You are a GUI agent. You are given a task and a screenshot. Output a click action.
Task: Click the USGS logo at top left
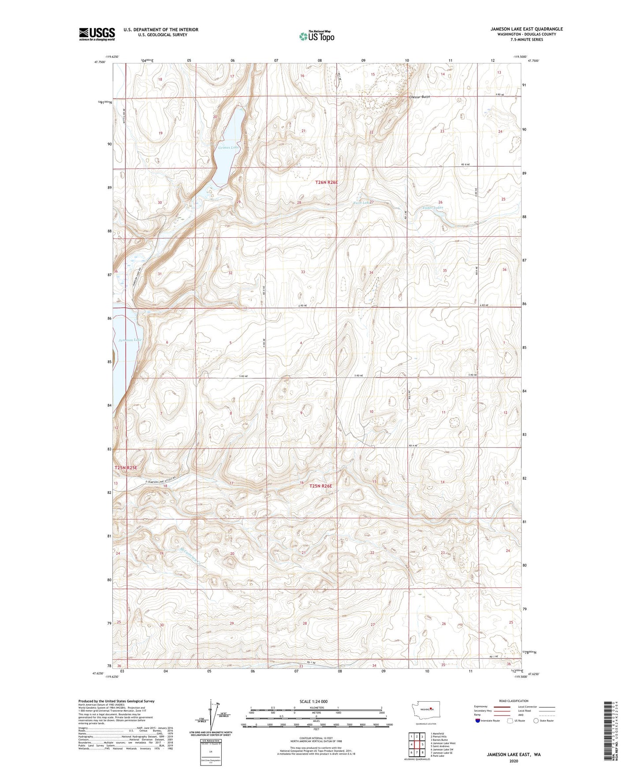coord(97,34)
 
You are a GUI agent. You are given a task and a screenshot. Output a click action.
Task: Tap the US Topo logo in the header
coord(317,36)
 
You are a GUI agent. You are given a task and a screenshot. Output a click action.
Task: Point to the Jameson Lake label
coord(130,340)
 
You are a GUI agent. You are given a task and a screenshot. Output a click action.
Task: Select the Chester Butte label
coord(419,97)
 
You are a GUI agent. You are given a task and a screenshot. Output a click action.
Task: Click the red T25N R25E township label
coord(126,467)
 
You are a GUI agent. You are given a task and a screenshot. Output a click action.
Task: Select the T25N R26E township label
coord(320,486)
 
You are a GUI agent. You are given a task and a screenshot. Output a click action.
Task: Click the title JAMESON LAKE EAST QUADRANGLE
coord(526,29)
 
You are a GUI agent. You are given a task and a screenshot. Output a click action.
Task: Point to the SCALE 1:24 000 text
coord(313,701)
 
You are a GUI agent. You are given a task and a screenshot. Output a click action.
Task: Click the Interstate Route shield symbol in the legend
coord(477,721)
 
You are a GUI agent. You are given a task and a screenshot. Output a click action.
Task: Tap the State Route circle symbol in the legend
coord(536,721)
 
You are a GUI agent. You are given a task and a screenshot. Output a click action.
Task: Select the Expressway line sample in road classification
coord(502,707)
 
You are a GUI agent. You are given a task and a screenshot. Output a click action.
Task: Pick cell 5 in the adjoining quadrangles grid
coord(422,744)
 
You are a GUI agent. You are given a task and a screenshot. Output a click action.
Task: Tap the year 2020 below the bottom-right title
coord(513,761)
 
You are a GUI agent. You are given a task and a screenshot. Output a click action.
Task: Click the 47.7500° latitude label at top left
coord(100,62)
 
